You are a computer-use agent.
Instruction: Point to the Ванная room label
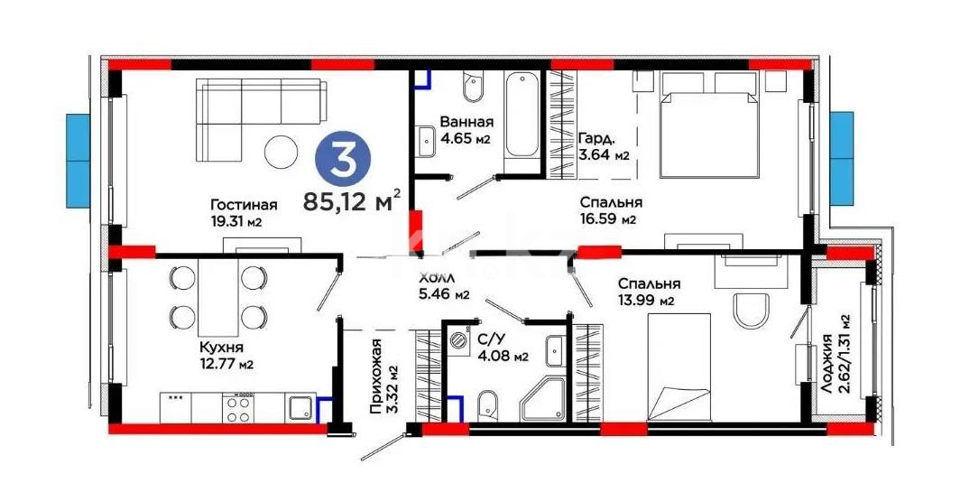(x=466, y=123)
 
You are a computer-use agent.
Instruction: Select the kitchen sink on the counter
(x=301, y=409)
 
